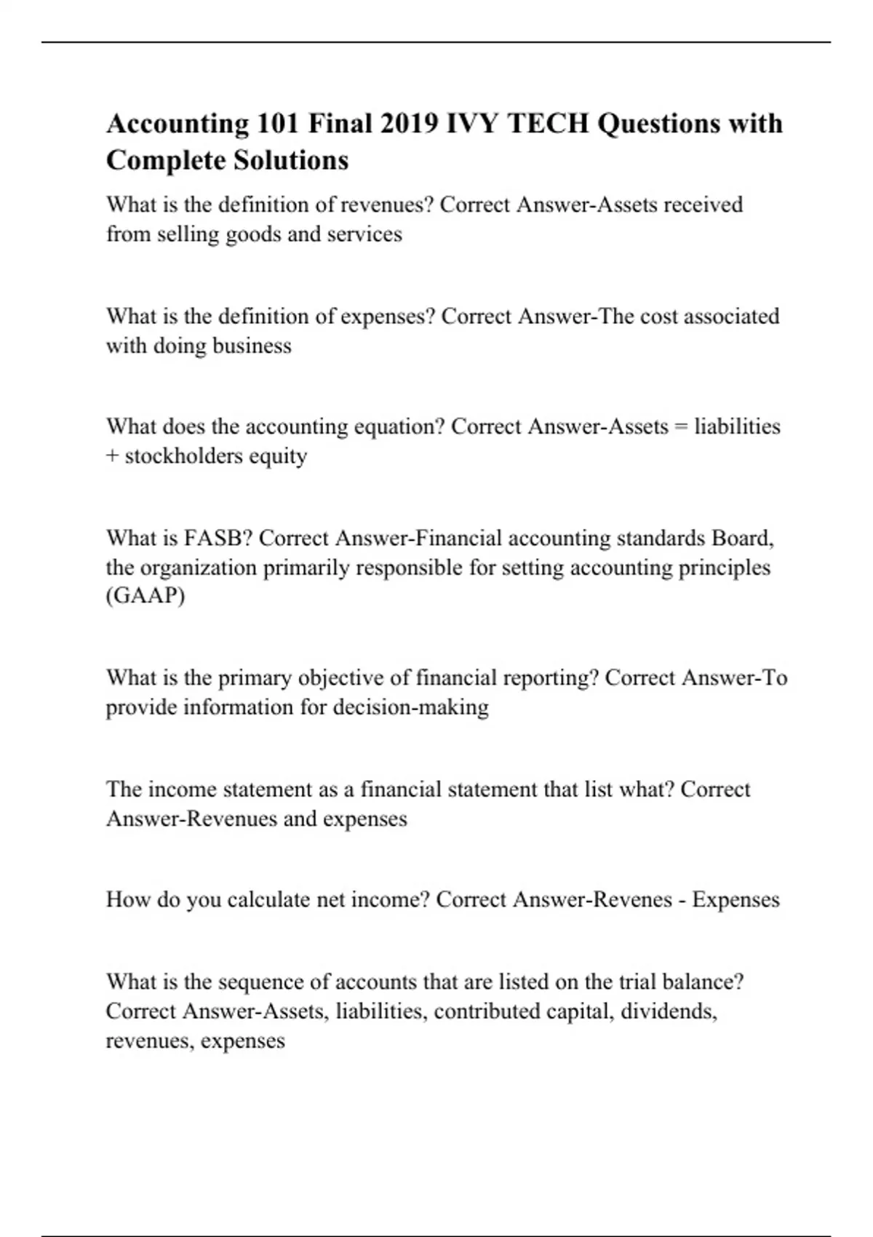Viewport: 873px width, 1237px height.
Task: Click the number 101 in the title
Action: [277, 124]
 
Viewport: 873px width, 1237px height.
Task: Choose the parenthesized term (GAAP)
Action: [145, 596]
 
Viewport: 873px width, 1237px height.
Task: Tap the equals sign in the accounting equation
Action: [681, 426]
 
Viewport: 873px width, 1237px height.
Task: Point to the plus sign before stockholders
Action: [112, 456]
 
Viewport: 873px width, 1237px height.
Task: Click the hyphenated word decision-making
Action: [410, 707]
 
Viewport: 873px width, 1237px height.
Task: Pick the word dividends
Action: [668, 1011]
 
